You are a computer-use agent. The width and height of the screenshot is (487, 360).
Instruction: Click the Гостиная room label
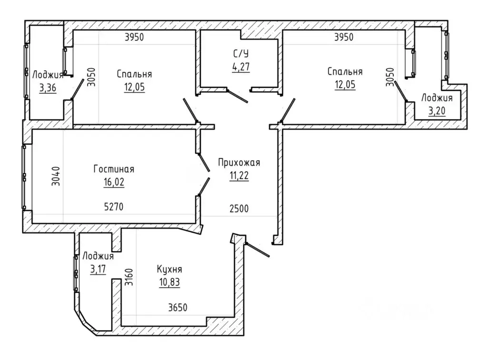click(x=114, y=169)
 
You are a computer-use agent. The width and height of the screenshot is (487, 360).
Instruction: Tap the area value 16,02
click(x=114, y=182)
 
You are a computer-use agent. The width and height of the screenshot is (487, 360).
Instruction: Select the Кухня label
click(x=170, y=270)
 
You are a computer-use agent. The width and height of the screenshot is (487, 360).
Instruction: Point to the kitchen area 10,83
click(x=170, y=282)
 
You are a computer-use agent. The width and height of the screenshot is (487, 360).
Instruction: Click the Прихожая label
click(x=239, y=163)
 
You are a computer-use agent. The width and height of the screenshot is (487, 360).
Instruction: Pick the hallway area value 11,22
click(x=239, y=176)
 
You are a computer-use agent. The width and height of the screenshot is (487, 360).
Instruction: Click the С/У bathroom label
click(x=241, y=54)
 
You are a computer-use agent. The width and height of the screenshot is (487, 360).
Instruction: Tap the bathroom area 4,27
click(x=241, y=67)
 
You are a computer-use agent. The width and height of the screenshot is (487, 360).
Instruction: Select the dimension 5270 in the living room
click(x=114, y=206)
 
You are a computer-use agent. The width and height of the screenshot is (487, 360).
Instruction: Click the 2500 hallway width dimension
click(x=239, y=208)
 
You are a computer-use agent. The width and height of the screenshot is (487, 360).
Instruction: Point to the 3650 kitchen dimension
click(x=178, y=308)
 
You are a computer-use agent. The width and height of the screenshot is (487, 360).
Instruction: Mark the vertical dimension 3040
click(x=56, y=176)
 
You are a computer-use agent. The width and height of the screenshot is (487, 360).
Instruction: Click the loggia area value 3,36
click(x=48, y=88)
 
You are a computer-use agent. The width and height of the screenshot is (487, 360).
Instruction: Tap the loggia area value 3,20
click(x=437, y=111)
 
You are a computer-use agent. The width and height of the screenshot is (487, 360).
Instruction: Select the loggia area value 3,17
click(x=98, y=269)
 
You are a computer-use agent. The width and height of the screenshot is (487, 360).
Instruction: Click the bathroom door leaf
click(x=237, y=96)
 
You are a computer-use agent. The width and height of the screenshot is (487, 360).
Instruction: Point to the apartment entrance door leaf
click(x=257, y=250)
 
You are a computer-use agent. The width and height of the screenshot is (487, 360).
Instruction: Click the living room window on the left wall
click(x=24, y=177)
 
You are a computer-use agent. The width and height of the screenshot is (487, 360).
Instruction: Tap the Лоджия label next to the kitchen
click(x=98, y=257)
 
